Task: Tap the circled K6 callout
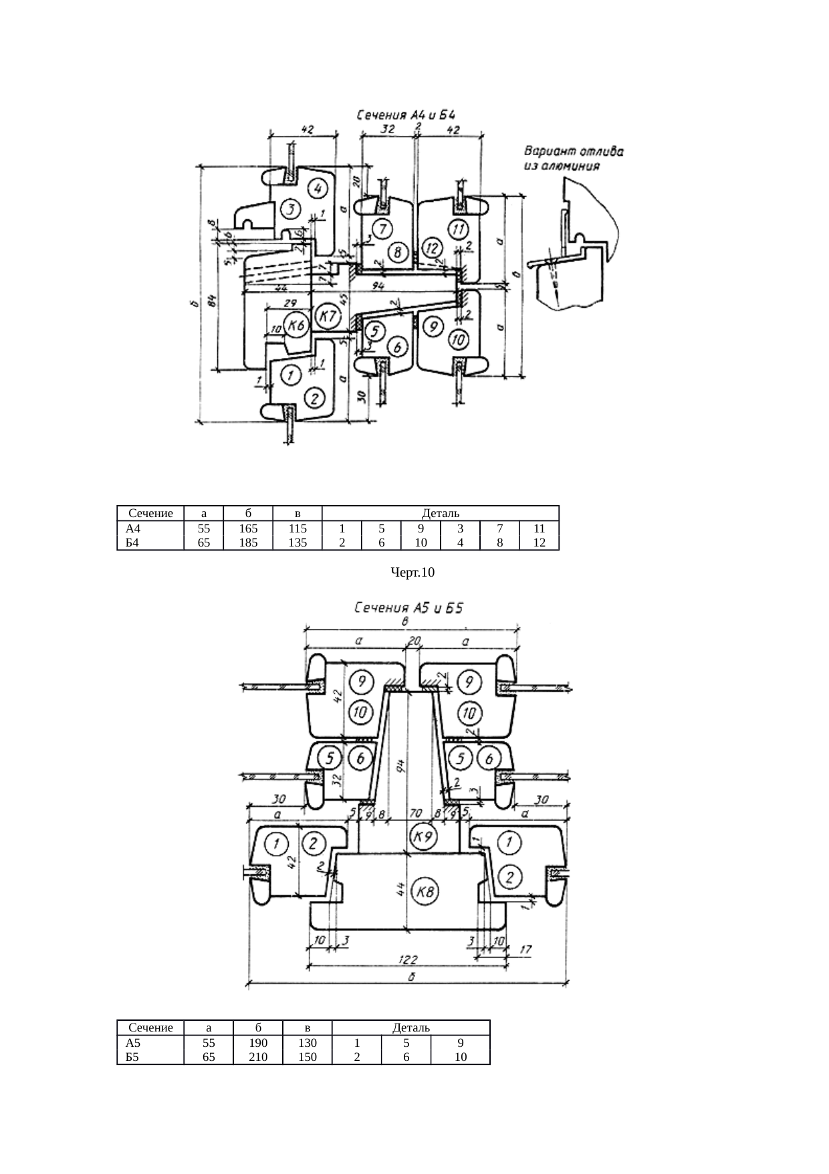pos(296,326)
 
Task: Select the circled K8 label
pos(424,892)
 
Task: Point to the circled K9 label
pos(423,836)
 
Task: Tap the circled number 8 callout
pos(398,253)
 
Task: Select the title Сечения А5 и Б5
pos(408,608)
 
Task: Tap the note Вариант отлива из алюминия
pos(573,158)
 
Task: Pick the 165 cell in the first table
pos(248,528)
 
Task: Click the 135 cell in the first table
pos(297,543)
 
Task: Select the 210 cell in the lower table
pos(257,1057)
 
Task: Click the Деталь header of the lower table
pos(410,1028)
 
